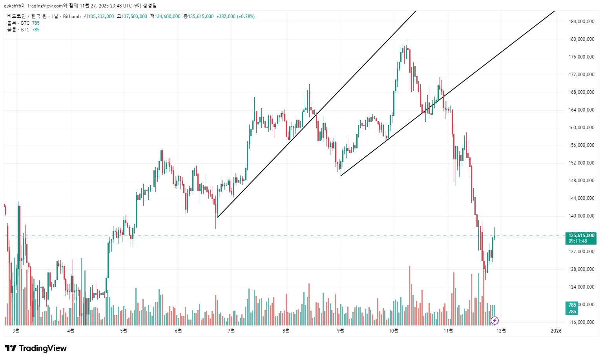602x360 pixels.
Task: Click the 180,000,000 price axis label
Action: point(581,39)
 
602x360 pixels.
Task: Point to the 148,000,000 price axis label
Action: point(581,181)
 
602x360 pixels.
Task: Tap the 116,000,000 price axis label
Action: point(581,322)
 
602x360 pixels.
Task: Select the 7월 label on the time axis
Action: point(231,331)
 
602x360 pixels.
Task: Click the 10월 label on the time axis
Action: point(394,331)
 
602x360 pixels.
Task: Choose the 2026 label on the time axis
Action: point(556,331)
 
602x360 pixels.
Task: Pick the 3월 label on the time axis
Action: point(16,331)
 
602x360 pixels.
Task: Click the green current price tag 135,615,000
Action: point(581,236)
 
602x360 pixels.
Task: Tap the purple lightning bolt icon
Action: point(494,321)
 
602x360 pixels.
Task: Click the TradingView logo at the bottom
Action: point(36,348)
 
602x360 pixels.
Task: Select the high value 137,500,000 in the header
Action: point(134,16)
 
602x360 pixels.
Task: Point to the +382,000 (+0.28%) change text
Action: point(235,16)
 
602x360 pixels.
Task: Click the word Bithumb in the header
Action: point(72,16)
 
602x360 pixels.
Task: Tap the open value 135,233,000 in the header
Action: point(101,16)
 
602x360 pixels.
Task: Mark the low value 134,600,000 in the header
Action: point(168,16)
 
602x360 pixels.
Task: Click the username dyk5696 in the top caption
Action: point(13,6)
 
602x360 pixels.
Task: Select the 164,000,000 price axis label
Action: point(581,110)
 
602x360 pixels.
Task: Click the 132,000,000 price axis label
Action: point(581,252)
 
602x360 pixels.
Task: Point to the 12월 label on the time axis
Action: point(501,331)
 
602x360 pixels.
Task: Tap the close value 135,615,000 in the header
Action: point(201,16)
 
